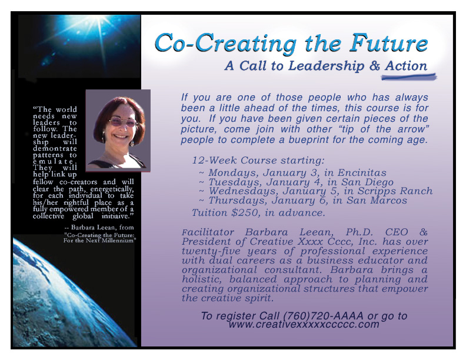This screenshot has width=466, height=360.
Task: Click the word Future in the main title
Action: (x=388, y=44)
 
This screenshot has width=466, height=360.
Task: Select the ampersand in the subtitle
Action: (x=374, y=66)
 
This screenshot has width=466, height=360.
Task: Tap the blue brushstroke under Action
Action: (x=409, y=77)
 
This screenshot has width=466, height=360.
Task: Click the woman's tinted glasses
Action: (x=122, y=122)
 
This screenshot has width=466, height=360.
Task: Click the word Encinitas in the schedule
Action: (x=362, y=172)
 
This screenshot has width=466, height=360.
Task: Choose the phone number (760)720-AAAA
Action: (x=323, y=316)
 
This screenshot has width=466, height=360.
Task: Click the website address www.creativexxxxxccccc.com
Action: (x=304, y=324)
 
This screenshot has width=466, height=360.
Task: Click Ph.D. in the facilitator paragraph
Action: (x=360, y=232)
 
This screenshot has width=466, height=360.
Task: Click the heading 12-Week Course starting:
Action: (x=258, y=161)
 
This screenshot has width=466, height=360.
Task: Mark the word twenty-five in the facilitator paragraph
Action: (x=211, y=251)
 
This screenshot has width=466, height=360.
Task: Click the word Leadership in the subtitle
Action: (x=327, y=66)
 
